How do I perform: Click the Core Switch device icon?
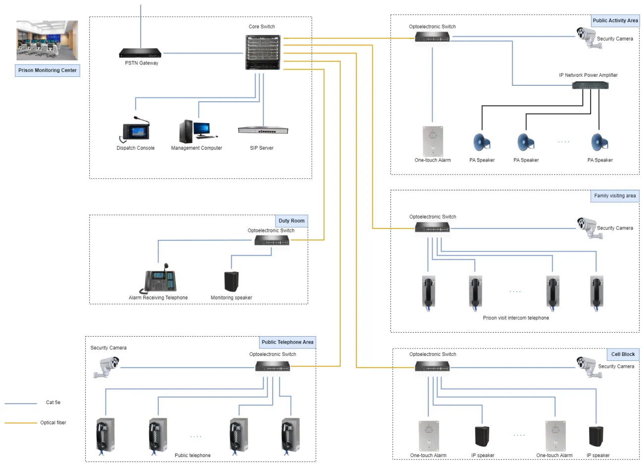click(x=263, y=52)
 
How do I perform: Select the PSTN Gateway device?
click(x=140, y=53)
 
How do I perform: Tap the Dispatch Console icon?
click(x=135, y=130)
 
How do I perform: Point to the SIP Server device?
click(x=263, y=130)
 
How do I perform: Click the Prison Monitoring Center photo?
click(x=47, y=40)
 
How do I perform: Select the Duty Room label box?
click(x=291, y=221)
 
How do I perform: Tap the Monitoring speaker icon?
click(x=231, y=281)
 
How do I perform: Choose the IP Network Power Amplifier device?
click(x=590, y=85)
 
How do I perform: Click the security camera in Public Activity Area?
click(x=586, y=37)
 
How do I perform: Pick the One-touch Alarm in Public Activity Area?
click(x=432, y=141)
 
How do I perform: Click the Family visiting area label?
click(x=615, y=196)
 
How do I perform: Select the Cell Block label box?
click(x=623, y=354)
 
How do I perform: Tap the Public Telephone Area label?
click(x=287, y=342)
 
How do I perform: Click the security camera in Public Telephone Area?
click(x=106, y=367)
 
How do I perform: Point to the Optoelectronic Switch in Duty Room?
click(x=272, y=240)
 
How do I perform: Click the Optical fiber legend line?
click(x=21, y=423)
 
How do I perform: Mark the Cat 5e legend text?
click(x=53, y=403)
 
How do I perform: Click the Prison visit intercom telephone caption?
click(x=516, y=318)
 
